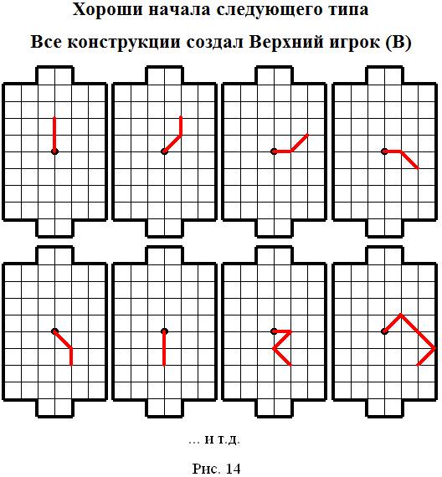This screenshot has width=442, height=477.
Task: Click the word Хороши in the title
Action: click(x=107, y=11)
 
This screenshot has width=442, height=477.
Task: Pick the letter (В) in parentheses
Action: click(x=398, y=42)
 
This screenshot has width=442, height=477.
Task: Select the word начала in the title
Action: click(x=180, y=11)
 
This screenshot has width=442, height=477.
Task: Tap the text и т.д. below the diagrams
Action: click(x=222, y=439)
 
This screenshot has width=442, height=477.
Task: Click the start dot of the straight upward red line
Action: click(x=54, y=151)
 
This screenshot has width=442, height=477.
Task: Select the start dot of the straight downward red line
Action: click(x=164, y=331)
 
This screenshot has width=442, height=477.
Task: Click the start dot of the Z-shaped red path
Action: click(x=274, y=331)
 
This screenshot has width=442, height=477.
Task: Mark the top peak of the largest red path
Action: click(x=401, y=315)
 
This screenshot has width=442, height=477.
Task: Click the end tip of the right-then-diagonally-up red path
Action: click(x=308, y=135)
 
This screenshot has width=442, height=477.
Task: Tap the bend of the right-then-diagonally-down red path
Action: click(x=401, y=151)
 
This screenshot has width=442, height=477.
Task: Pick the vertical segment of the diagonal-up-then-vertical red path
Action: click(x=181, y=126)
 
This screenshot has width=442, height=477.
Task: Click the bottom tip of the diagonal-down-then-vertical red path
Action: click(x=71, y=365)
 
